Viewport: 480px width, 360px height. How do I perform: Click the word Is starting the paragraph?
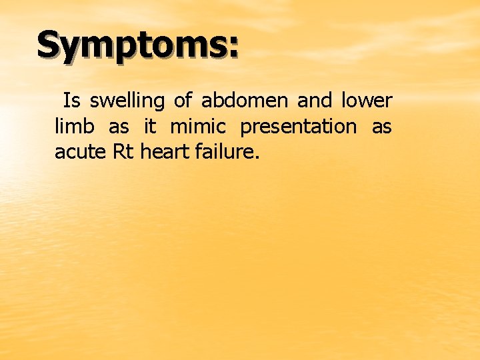tap(72, 101)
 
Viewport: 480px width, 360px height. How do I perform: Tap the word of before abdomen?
tap(183, 101)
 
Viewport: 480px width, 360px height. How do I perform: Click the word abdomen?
tap(245, 101)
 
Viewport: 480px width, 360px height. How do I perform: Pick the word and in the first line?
tap(314, 101)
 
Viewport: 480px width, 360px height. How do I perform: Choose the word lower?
tap(367, 101)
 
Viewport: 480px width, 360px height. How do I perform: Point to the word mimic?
tap(198, 127)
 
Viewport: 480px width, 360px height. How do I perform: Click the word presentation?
tap(298, 127)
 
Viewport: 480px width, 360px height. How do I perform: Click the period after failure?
tap(256, 158)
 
